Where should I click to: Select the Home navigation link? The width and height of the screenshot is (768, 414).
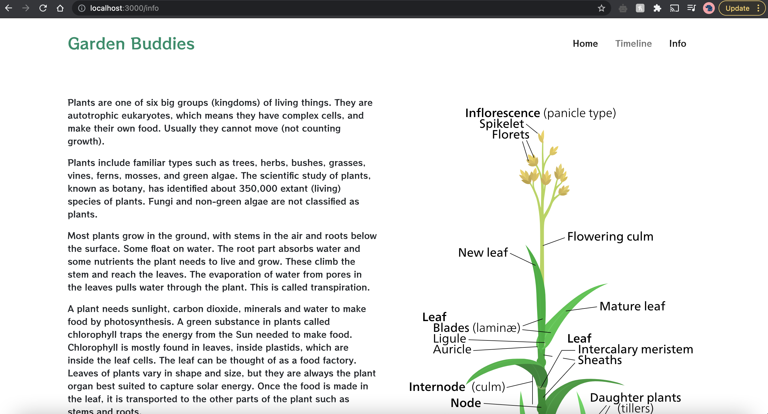coord(585,44)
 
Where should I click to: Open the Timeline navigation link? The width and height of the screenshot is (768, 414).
coord(633,44)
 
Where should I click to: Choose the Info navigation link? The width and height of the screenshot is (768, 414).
coord(677,44)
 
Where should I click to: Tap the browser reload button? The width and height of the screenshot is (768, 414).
coord(43,8)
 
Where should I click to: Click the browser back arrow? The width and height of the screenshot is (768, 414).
coord(9,8)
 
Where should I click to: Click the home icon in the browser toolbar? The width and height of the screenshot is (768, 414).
coord(60,8)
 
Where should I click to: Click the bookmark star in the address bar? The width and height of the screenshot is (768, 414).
coord(601,8)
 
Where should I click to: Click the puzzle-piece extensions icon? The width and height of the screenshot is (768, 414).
coord(657,8)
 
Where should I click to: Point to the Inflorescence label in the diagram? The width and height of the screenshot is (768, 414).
coord(502,113)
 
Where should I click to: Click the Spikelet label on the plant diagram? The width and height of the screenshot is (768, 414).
coord(501,124)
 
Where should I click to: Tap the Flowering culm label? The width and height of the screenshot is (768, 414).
coord(610,236)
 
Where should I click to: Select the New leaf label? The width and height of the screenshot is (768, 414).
coord(483,252)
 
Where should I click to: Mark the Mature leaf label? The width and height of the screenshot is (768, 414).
coord(632,306)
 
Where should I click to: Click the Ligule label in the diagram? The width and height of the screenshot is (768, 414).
coord(449,339)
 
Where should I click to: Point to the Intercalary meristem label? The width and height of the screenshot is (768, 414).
coord(635,349)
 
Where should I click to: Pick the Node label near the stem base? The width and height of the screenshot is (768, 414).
coord(466,403)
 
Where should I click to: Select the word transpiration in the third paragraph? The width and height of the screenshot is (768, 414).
coord(340,287)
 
